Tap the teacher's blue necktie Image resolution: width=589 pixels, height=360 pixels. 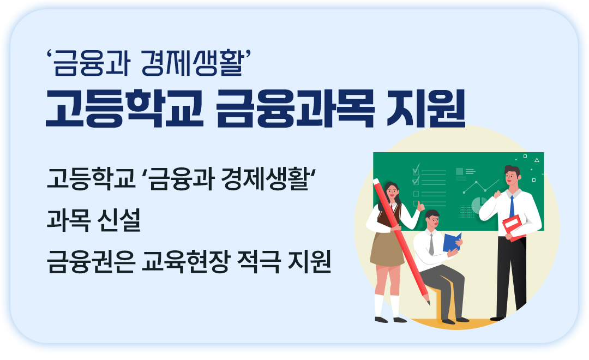(x=512, y=206)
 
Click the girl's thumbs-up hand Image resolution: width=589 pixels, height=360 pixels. (x=419, y=206)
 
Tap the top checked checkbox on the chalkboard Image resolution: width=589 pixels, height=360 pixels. (x=416, y=170)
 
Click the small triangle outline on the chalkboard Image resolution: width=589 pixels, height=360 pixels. (x=537, y=160)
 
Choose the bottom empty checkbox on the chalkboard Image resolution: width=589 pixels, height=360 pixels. (x=416, y=203)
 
